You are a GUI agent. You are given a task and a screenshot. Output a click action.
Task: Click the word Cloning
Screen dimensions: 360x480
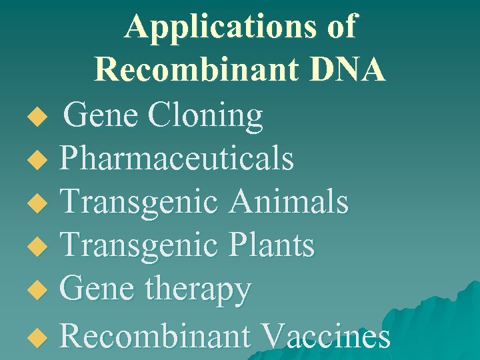click(206, 115)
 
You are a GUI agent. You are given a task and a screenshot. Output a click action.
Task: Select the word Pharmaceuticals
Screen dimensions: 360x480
click(177, 159)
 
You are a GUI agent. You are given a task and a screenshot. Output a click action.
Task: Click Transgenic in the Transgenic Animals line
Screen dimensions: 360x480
click(139, 202)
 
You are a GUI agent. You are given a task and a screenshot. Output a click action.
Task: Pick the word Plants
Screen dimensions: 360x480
click(272, 245)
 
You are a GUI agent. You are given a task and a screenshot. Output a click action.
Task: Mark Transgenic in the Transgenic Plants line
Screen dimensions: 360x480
click(139, 245)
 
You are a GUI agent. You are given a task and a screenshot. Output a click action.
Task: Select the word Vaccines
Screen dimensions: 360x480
click(327, 335)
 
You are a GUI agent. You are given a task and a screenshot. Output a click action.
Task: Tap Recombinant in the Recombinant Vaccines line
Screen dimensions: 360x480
click(155, 335)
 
